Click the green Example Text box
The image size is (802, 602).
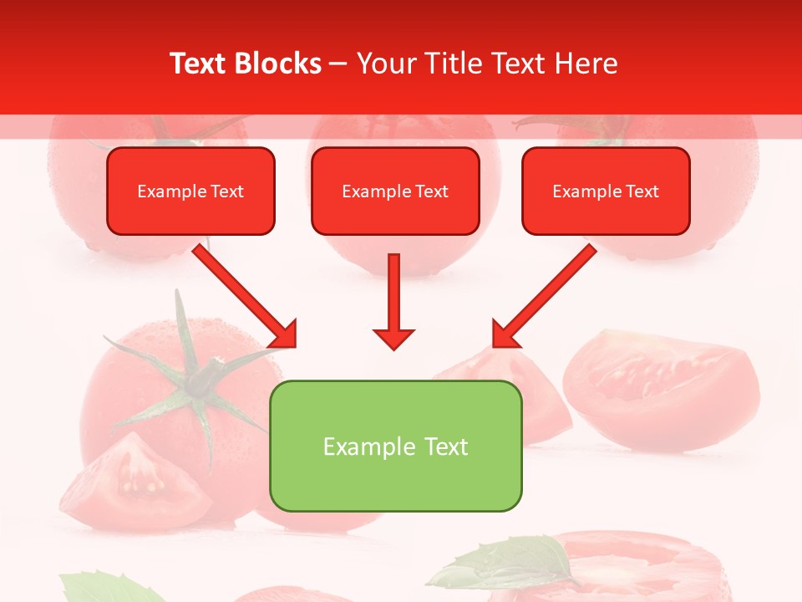[x=395, y=446]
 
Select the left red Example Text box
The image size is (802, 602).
[x=190, y=191]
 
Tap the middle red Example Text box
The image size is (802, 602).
[x=395, y=191]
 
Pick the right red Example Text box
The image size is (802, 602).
[x=606, y=191]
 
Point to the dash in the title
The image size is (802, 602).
[x=338, y=64]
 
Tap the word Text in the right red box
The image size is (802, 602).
[x=642, y=191]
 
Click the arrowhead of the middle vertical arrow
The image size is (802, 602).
[x=393, y=338]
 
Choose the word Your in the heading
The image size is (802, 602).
[x=385, y=64]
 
